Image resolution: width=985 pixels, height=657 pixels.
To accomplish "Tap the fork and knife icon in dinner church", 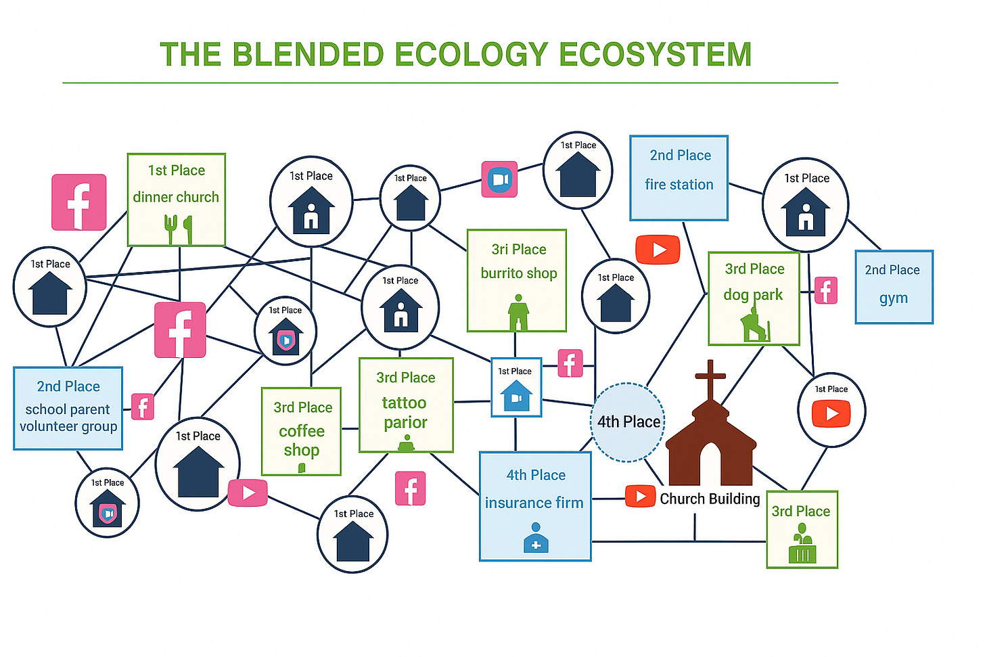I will (178, 229).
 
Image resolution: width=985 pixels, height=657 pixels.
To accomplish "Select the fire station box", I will (679, 178).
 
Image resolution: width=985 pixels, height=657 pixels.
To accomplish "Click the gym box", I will (894, 287).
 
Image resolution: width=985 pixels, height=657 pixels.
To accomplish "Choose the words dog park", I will (753, 295).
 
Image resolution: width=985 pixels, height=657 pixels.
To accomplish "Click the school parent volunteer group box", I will (68, 408).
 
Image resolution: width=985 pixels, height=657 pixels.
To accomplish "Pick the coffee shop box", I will (302, 432).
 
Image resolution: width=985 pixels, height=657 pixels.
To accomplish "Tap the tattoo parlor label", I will (405, 413).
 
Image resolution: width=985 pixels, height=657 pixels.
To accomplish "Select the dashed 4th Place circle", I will (628, 422).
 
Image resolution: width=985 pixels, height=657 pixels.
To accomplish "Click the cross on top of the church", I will (710, 379).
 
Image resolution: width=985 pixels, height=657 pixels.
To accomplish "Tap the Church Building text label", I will (710, 499).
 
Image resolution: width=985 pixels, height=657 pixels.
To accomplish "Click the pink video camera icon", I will (499, 179).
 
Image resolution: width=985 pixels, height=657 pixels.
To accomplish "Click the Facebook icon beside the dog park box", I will (825, 291).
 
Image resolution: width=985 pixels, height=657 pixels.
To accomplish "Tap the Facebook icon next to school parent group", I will (142, 407).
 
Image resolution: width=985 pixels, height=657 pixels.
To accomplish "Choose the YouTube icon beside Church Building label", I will (640, 496).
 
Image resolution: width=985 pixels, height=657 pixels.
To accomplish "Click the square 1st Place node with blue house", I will (516, 388).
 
